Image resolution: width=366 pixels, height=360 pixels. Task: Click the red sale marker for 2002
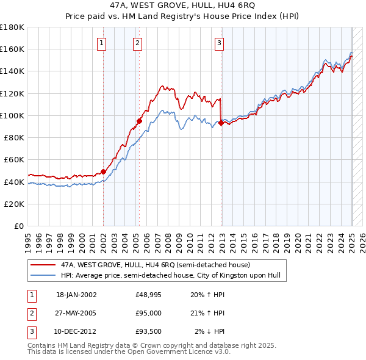(103, 171)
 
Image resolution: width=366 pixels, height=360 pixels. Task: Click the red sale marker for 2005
(140, 120)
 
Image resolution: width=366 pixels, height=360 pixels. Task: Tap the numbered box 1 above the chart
(101, 43)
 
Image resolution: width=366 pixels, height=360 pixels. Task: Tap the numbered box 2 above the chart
(138, 43)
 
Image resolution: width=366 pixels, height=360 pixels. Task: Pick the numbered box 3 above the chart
(219, 43)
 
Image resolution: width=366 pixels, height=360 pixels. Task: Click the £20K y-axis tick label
(15, 204)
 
